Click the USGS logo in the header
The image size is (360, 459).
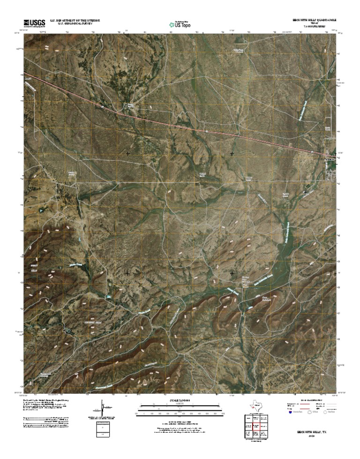[x=34, y=23]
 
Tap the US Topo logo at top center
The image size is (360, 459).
[x=180, y=24]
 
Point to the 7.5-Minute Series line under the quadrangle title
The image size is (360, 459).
[x=312, y=27]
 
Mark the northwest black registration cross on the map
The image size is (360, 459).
[x=128, y=153]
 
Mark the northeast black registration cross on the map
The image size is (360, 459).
[x=232, y=153]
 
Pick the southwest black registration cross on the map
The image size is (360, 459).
[x=128, y=272]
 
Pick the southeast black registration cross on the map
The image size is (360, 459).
[x=232, y=272]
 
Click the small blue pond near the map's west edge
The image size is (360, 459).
[x=41, y=211]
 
